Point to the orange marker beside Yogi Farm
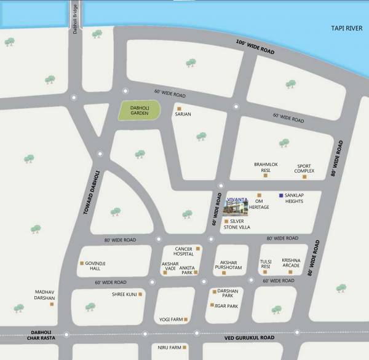[185, 319]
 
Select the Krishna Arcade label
[291, 263]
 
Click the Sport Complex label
[306, 168]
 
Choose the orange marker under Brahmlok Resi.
[266, 175]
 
